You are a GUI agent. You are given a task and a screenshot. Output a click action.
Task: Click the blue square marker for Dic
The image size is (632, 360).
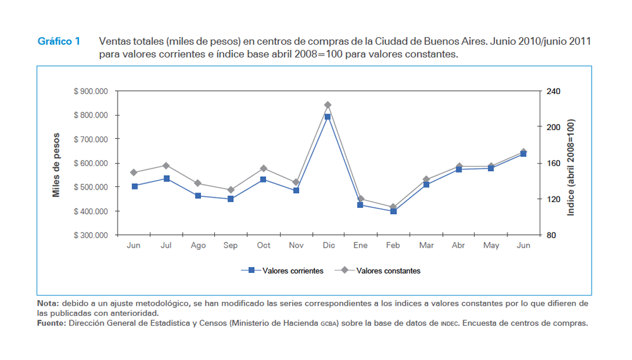coord(327,117)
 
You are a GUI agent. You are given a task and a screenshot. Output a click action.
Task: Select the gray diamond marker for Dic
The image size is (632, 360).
coord(327,105)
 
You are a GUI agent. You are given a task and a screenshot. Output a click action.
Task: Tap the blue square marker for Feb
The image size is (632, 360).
coord(393,212)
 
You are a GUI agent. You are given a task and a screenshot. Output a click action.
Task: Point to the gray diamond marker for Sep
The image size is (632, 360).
coord(231,190)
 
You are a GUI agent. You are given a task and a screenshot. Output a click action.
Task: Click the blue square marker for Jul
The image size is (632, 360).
coord(166,179)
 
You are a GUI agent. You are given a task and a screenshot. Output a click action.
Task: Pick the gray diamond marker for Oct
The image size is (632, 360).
coord(264,169)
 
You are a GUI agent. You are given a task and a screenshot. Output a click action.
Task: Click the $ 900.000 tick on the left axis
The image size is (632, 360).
coord(91,92)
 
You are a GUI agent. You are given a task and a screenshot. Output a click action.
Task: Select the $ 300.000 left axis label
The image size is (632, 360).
coord(91,236)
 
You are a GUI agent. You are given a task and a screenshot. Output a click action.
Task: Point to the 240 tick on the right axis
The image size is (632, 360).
coord(554,92)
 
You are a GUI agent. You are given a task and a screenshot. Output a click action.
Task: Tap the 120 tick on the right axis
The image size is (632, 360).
coord(554,200)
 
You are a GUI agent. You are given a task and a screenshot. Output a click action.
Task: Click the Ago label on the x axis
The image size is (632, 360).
coord(198,246)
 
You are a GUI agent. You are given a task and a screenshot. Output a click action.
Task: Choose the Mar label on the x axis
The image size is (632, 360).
coord(426,246)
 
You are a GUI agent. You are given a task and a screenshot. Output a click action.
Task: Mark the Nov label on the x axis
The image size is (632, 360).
coord(296,246)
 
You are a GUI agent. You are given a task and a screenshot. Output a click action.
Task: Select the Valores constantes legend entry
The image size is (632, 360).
coord(388,271)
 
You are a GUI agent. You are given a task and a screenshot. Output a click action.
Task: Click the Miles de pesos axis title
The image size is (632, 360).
coord(56,164)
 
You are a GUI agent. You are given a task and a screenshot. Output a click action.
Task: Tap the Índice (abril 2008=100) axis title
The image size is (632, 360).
coord(571,167)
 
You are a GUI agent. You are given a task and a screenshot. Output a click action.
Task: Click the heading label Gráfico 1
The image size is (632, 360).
coord(59,42)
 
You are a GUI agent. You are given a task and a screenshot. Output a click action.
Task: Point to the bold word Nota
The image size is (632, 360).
coord(48,304)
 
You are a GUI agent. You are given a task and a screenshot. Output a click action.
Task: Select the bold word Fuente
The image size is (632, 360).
coord(51,323)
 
